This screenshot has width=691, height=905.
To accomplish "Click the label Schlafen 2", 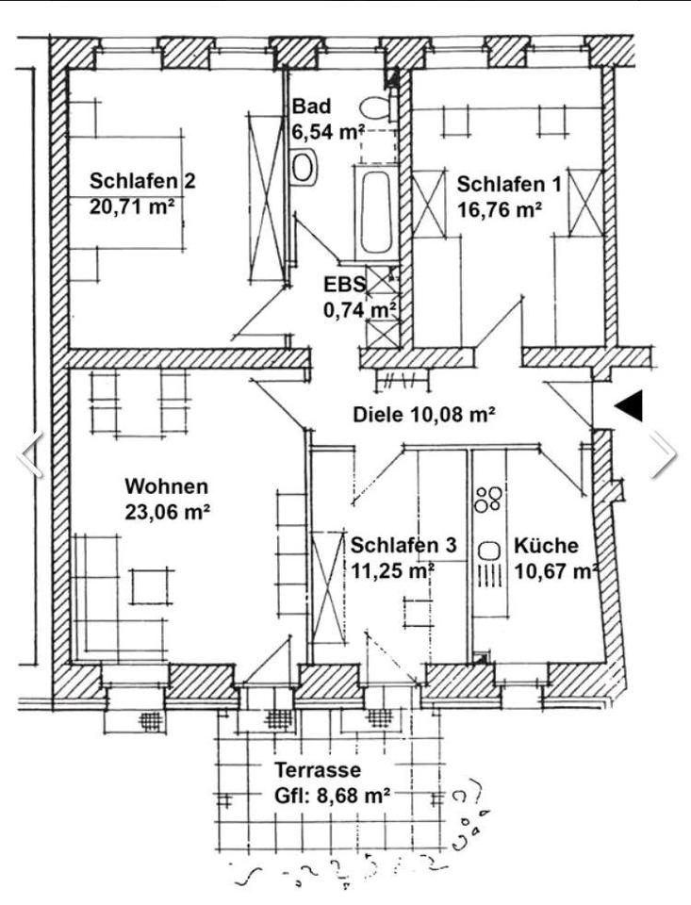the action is click(142, 181).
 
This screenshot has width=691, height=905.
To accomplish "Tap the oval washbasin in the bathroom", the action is click(304, 168).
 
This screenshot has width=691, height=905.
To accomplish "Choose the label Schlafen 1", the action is click(508, 184).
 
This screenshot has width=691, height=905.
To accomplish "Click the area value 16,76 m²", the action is click(500, 210).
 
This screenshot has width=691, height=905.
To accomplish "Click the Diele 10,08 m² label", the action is click(424, 413).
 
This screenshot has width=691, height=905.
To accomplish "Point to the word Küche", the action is click(546, 545).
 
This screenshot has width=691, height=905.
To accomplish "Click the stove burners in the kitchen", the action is click(488, 498).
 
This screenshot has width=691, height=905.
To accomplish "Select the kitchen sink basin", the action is click(488, 550).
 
